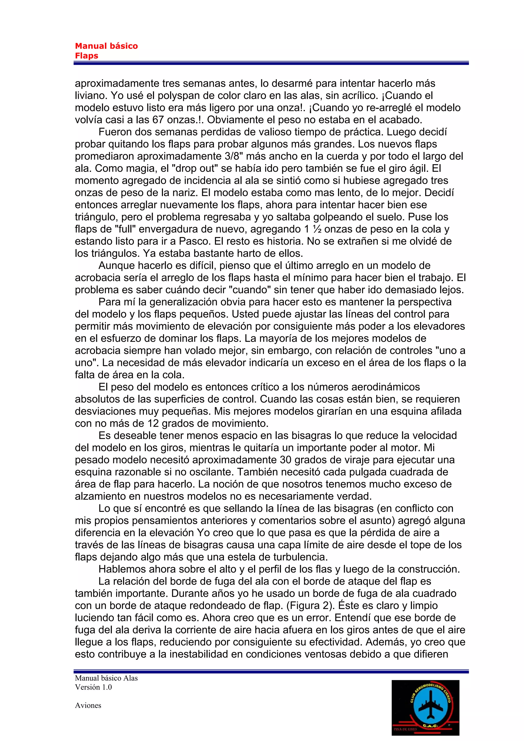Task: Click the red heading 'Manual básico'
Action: [106, 46]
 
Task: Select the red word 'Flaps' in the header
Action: [86, 56]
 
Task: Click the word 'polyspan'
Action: [176, 95]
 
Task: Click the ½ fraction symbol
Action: [317, 229]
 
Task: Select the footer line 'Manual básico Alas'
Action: [106, 678]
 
